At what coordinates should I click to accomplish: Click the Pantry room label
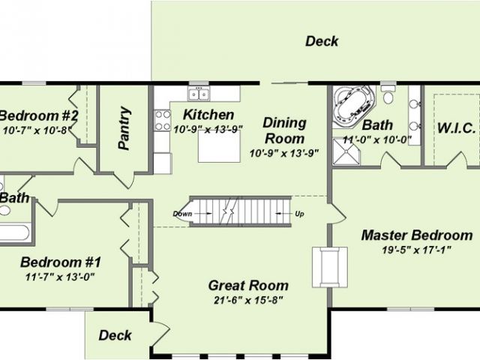(124, 128)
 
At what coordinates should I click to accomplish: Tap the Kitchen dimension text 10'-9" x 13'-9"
(208, 130)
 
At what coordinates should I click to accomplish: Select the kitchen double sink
(199, 94)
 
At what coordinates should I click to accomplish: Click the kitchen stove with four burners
(163, 120)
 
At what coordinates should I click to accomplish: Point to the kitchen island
(219, 146)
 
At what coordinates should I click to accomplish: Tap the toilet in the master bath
(388, 94)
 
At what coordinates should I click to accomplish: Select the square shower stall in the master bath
(346, 151)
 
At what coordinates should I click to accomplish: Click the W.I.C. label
(457, 128)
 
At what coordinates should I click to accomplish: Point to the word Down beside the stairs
(182, 214)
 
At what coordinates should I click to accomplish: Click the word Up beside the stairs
(299, 214)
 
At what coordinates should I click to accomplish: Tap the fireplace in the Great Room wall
(330, 267)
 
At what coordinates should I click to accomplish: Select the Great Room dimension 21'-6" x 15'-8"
(247, 301)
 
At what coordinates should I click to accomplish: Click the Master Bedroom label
(417, 235)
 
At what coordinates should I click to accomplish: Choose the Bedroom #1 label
(60, 262)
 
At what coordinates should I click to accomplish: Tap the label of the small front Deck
(115, 335)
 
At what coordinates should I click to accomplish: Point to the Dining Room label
(284, 130)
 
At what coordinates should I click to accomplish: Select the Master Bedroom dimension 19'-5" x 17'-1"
(417, 250)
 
